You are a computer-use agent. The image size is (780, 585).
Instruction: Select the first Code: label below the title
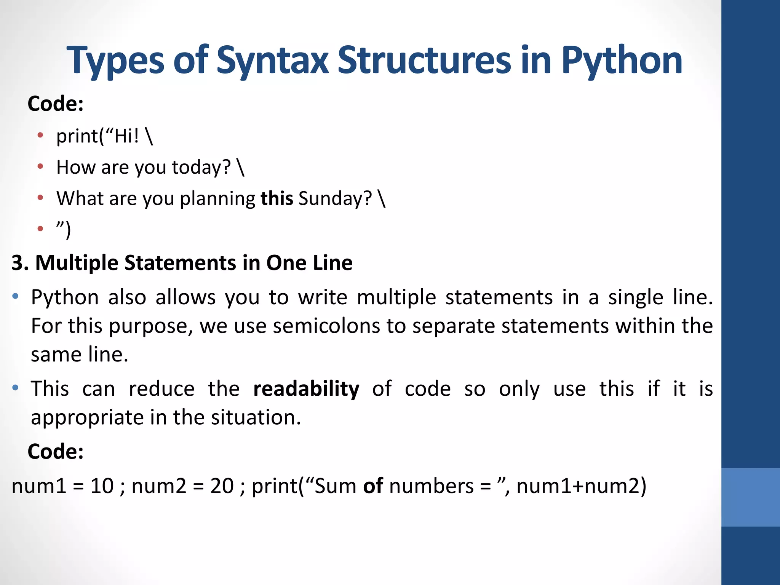[56, 104]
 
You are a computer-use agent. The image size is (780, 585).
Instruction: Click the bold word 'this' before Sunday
[277, 198]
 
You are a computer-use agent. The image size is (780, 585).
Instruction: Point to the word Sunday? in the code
[335, 198]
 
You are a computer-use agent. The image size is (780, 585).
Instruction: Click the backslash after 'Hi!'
[149, 136]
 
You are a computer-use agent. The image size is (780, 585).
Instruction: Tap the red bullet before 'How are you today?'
[40, 166]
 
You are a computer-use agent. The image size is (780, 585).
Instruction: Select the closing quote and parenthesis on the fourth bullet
[64, 229]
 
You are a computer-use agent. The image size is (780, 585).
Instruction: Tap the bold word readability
[306, 389]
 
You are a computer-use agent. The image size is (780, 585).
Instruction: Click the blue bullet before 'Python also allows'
[15, 296]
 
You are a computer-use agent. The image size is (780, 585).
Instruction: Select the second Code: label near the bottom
[56, 452]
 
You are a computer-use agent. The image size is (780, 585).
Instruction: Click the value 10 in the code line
[102, 486]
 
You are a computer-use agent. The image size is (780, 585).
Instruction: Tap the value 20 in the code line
[222, 486]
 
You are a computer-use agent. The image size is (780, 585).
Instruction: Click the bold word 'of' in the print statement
[373, 486]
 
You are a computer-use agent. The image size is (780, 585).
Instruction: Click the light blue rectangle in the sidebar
[750, 497]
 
